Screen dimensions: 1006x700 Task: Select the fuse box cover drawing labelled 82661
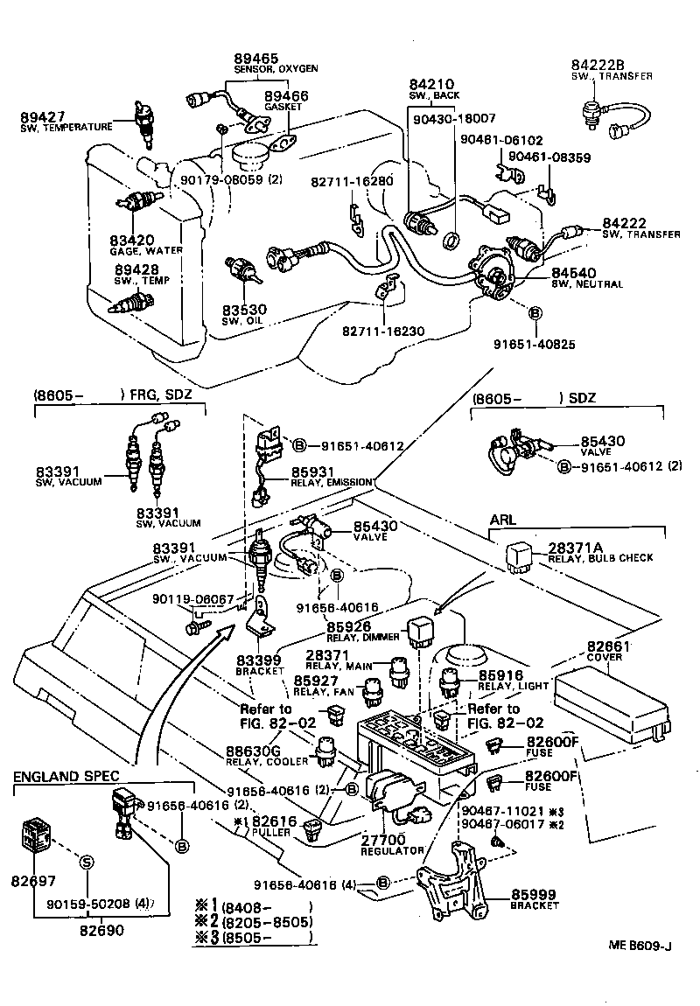[x=612, y=698]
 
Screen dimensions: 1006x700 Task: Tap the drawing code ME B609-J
[x=640, y=946]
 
